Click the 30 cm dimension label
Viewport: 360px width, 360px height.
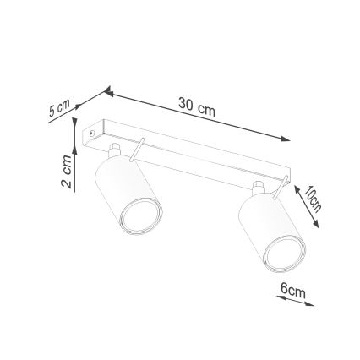pyautogui.click(x=197, y=107)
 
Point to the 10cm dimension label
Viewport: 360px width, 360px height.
pyautogui.click(x=313, y=199)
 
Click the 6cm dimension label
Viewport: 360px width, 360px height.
pyautogui.click(x=292, y=291)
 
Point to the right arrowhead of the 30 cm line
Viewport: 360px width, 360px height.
pyautogui.click(x=285, y=139)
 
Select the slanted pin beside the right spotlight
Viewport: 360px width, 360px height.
pyautogui.click(x=277, y=190)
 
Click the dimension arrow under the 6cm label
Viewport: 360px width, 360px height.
pyautogui.click(x=296, y=302)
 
